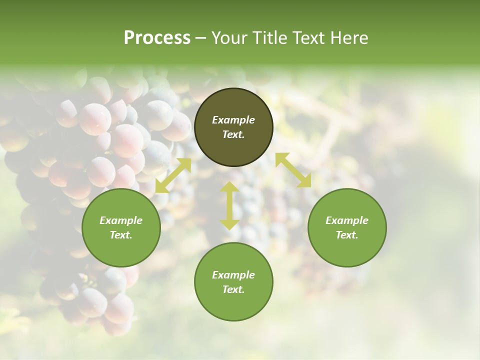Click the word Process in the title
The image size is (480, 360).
[x=157, y=38]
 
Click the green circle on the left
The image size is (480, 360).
[x=121, y=227]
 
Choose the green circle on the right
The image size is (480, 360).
[x=347, y=227]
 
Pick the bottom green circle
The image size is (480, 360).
[x=233, y=282]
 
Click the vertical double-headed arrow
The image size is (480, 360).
[x=229, y=205]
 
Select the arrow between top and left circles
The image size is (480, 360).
[x=173, y=175]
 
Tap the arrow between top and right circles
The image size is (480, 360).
[x=293, y=170]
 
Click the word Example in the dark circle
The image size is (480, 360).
[x=233, y=120]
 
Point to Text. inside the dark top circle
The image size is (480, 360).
[x=233, y=135]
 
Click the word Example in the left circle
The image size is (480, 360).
[x=121, y=220]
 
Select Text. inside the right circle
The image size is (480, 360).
[x=347, y=235]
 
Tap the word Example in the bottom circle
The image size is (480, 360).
[x=233, y=275]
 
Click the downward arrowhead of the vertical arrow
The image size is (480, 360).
[x=229, y=224]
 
